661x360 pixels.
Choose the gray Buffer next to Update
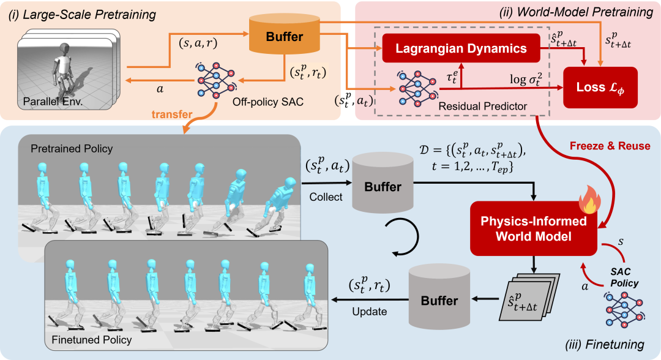click(x=439, y=299)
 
